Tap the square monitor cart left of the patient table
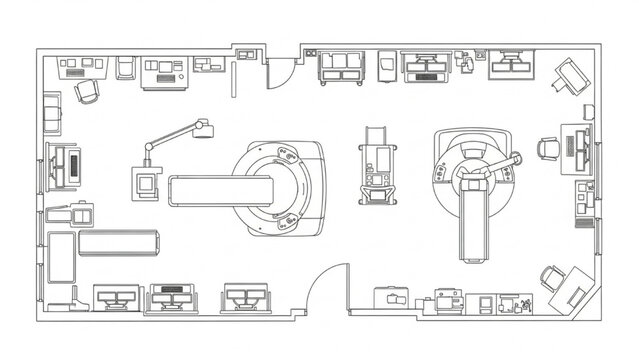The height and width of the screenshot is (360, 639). click(149, 183)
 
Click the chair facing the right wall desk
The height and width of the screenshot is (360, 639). click(547, 149)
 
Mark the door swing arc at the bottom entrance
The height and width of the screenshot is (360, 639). click(324, 290)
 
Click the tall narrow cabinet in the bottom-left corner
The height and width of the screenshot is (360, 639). click(60, 261)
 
